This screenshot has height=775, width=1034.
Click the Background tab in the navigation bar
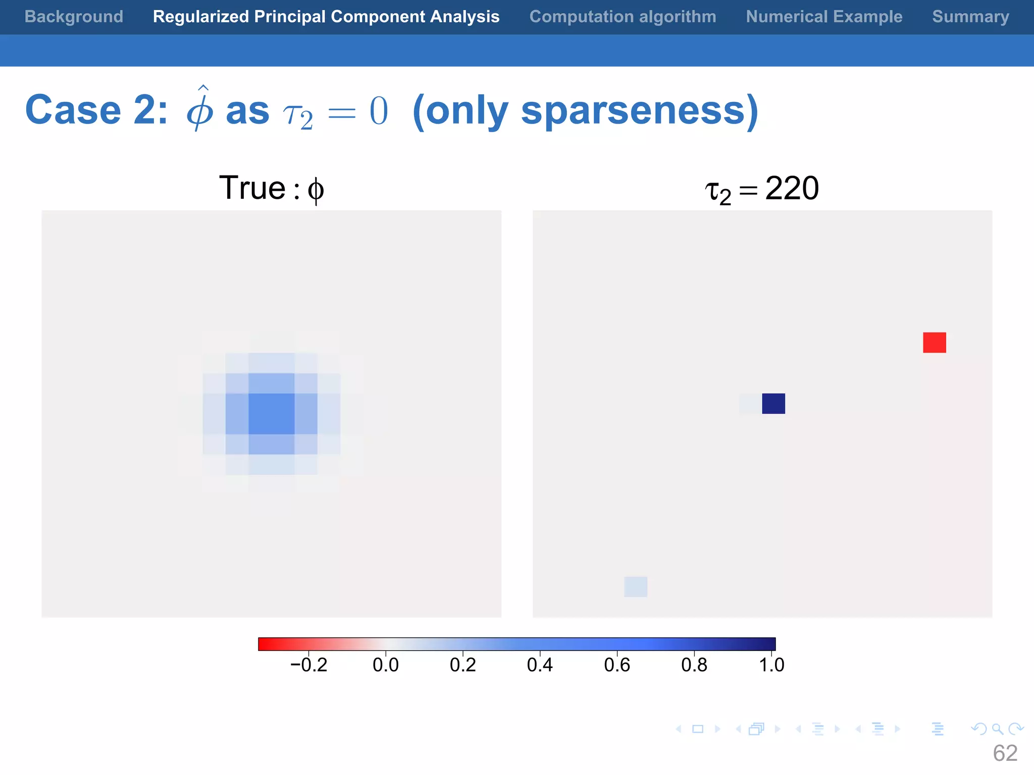(74, 17)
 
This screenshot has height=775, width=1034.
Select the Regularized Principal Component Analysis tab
(326, 17)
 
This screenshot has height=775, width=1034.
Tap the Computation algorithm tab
(623, 17)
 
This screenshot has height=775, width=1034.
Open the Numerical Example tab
(824, 17)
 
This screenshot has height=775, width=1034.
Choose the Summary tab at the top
(970, 17)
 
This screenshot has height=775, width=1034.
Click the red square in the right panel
(935, 343)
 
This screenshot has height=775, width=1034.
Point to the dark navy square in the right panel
(773, 404)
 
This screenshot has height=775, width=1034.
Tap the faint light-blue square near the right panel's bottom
(636, 587)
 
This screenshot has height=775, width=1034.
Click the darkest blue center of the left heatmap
(272, 414)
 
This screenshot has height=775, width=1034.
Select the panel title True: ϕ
(272, 188)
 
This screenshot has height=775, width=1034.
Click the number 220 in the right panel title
(792, 188)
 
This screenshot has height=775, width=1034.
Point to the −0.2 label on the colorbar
(309, 665)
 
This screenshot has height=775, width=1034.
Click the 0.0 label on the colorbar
(386, 665)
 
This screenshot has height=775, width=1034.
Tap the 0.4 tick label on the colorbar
(540, 665)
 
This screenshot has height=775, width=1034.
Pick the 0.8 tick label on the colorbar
(694, 665)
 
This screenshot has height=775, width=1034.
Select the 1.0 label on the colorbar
(771, 665)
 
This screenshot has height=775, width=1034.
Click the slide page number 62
(1005, 753)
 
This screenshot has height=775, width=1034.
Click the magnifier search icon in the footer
(997, 729)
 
